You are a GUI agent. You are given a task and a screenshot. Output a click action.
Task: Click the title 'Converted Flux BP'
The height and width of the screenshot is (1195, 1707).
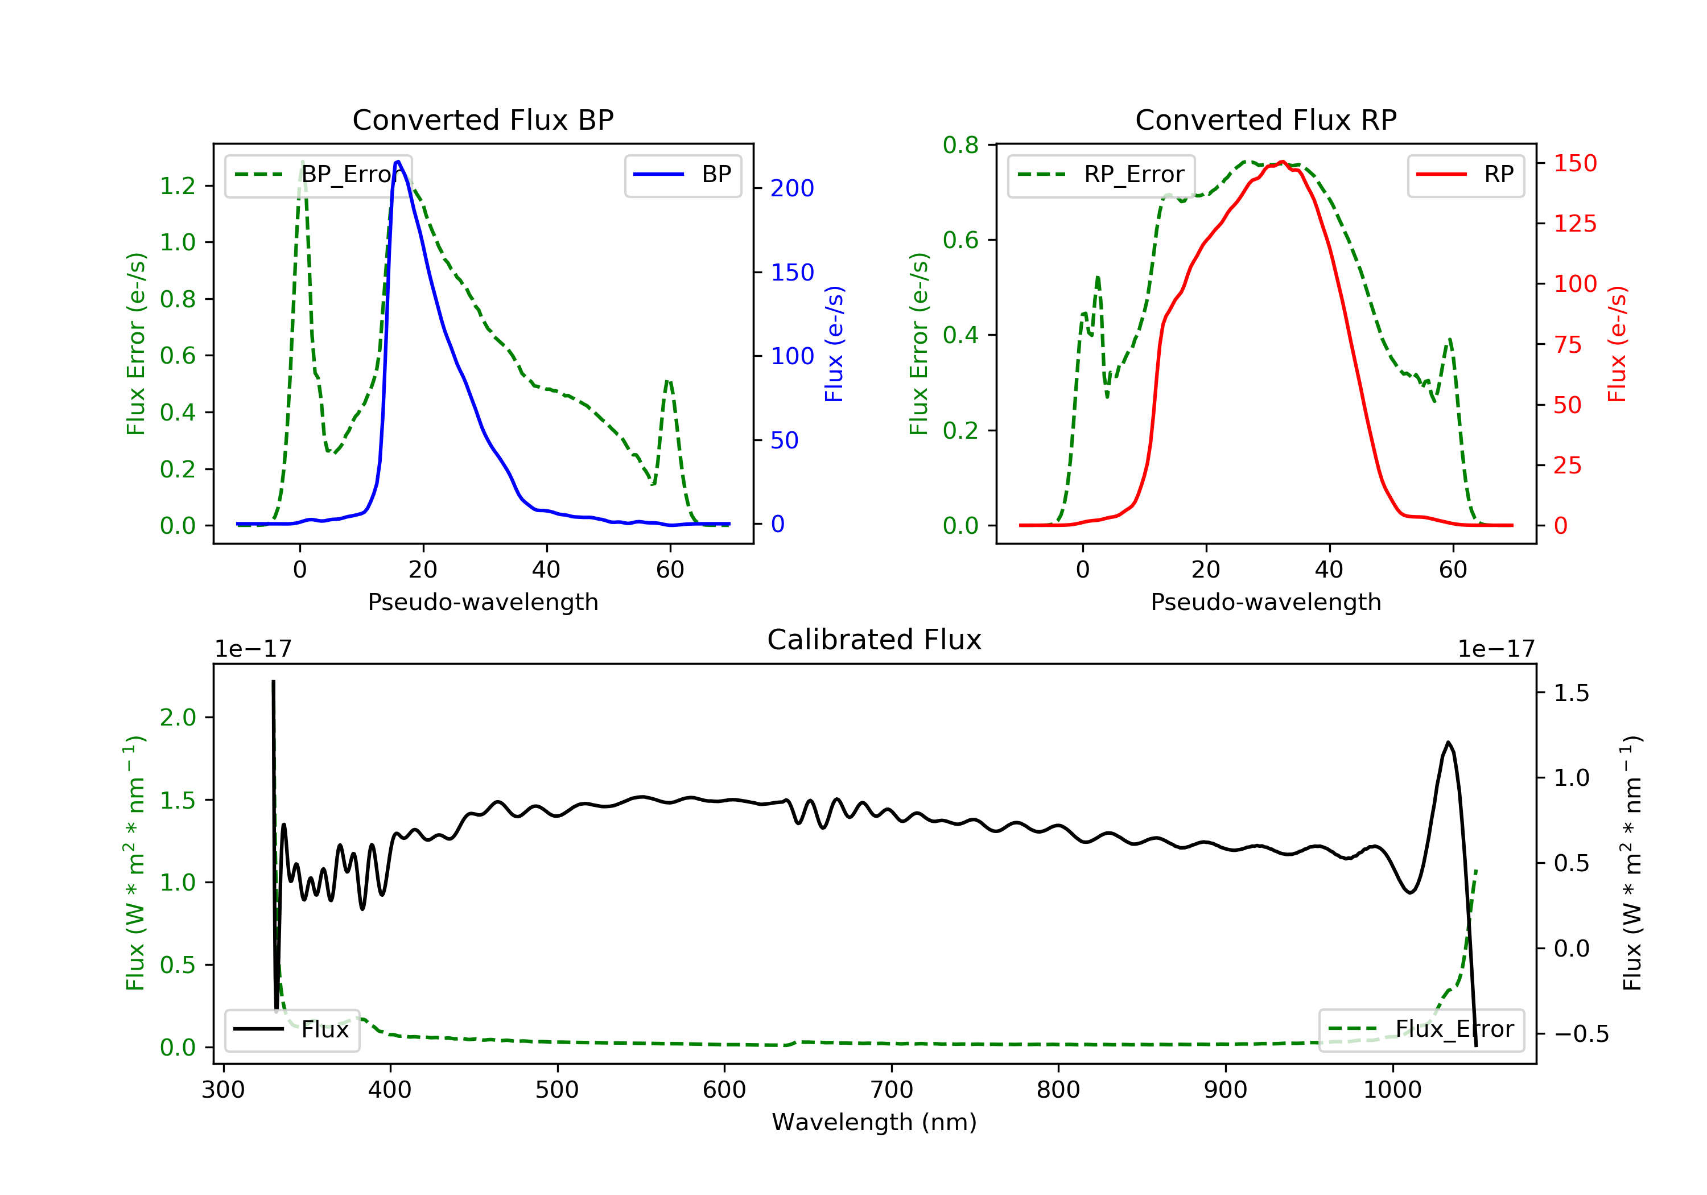[483, 119]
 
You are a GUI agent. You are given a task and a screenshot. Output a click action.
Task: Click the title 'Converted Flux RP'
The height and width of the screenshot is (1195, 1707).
[1265, 119]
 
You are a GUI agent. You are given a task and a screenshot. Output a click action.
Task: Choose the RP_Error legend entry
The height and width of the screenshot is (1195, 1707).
[1101, 175]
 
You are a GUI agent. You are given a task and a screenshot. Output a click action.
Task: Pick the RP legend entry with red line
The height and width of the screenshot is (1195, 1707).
[1465, 175]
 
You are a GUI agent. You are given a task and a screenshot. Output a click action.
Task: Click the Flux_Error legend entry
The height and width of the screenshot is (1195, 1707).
[1421, 1029]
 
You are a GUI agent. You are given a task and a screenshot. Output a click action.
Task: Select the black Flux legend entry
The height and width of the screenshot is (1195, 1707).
[291, 1029]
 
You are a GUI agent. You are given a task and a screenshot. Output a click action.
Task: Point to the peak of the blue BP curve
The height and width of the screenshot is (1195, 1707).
[398, 162]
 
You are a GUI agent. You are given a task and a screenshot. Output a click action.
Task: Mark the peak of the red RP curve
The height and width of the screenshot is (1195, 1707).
[1283, 162]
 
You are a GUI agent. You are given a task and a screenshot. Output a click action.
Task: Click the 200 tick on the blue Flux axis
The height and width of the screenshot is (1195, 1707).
[792, 188]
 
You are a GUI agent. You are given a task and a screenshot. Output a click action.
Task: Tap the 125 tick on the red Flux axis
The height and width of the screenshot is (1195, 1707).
[1574, 223]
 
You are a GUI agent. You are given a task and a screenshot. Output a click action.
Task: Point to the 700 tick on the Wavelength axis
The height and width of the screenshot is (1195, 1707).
[892, 1090]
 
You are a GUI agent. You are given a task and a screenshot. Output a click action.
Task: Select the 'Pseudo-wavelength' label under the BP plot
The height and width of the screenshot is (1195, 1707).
[483, 601]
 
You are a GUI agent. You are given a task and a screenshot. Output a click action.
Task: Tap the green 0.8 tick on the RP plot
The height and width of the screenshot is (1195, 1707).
[960, 145]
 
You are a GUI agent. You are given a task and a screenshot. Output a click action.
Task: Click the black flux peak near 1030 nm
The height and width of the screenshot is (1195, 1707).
[1448, 742]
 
